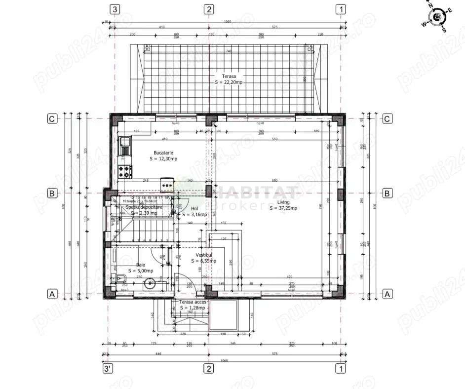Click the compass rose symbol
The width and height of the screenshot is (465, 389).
(437, 18)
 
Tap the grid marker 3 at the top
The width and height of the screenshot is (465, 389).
(115, 9)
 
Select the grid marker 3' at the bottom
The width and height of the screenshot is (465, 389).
(107, 369)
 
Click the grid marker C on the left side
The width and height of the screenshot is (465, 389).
(51, 118)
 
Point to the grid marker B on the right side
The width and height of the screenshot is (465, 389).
(388, 193)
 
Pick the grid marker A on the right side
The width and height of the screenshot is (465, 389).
(388, 294)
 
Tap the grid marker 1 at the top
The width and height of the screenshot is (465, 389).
(340, 9)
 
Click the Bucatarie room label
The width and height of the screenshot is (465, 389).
(163, 153)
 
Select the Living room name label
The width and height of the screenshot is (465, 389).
(283, 202)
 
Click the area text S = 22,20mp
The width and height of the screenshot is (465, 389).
(229, 82)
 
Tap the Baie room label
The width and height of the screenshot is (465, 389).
(141, 265)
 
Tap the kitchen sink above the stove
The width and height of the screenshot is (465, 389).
(126, 144)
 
